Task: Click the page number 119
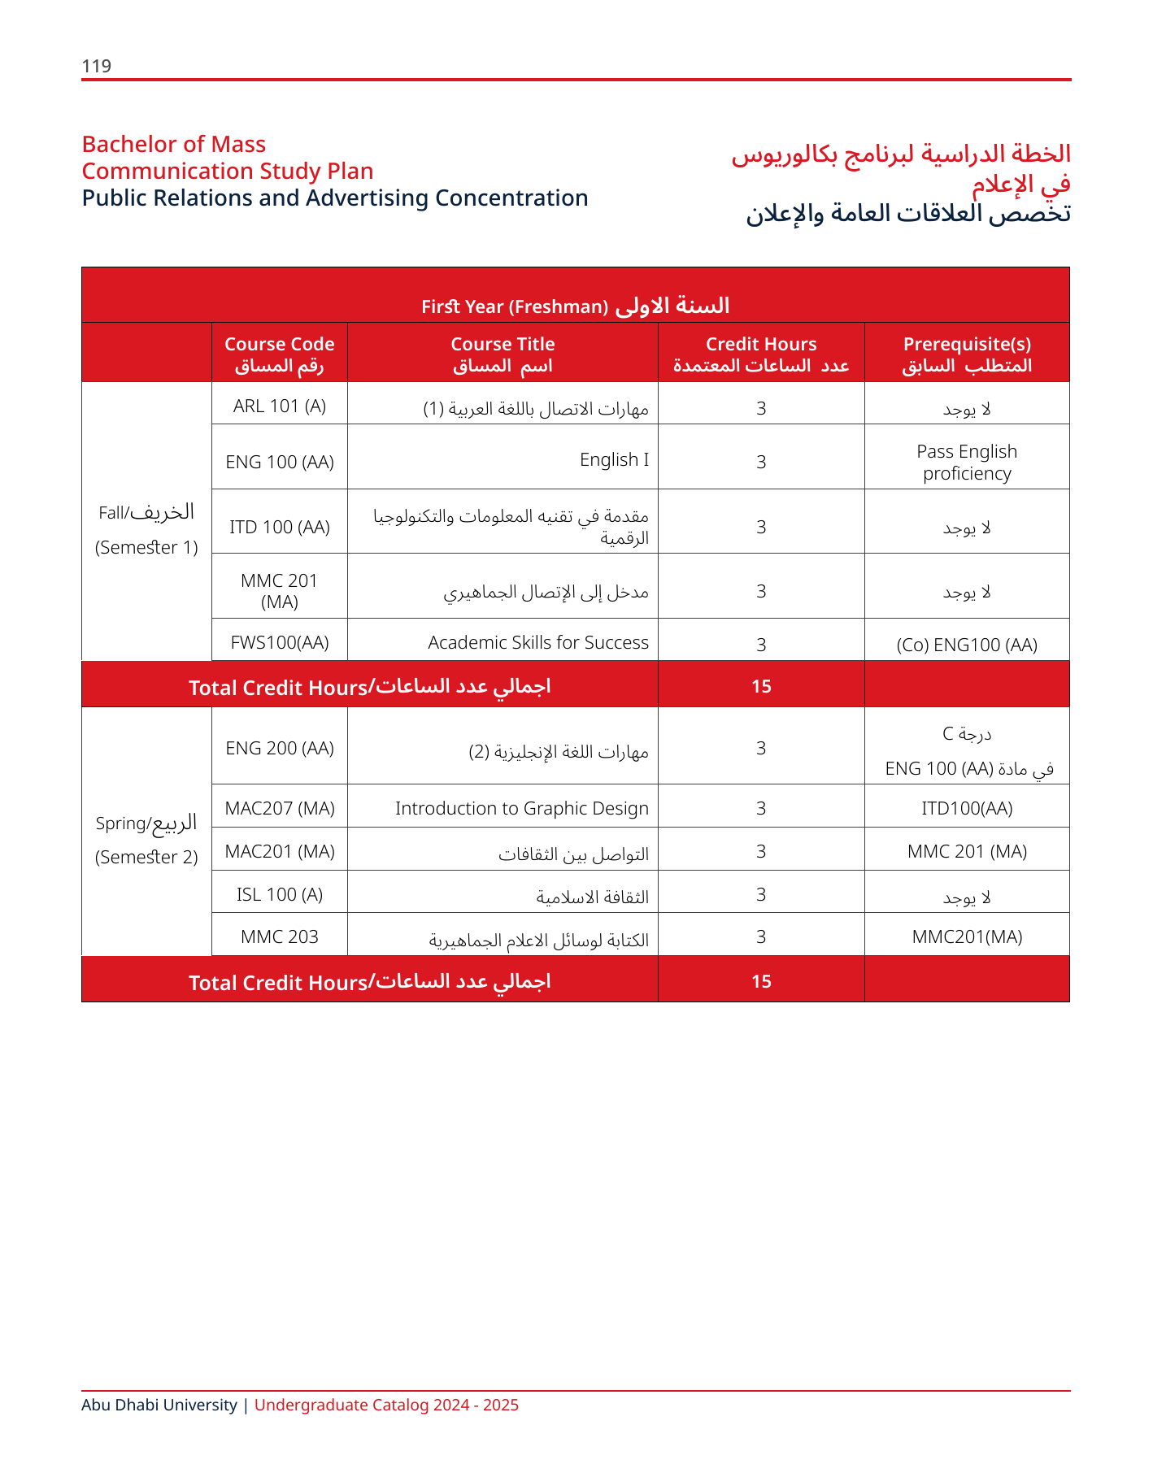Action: tap(96, 66)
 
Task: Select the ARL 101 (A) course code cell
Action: tap(279, 406)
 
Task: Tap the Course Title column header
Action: tap(503, 354)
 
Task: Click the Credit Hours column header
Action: tap(760, 354)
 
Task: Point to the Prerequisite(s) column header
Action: tap(966, 354)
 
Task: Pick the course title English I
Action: tap(614, 459)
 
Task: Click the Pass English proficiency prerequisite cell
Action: tap(966, 462)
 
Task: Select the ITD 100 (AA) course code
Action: tap(279, 527)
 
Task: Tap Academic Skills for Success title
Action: tap(538, 642)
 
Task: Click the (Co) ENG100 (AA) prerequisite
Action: tap(966, 645)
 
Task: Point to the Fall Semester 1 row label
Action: tap(146, 528)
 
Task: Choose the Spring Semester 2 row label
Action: tap(146, 839)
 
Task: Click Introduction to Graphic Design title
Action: tap(521, 808)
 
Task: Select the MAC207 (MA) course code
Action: tap(279, 808)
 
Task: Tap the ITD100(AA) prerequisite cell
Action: tap(966, 808)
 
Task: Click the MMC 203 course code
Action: tap(279, 936)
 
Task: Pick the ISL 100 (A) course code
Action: tap(279, 894)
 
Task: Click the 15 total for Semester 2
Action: tap(760, 981)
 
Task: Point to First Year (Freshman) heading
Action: tap(575, 306)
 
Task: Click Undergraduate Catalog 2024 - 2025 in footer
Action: tap(386, 1405)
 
